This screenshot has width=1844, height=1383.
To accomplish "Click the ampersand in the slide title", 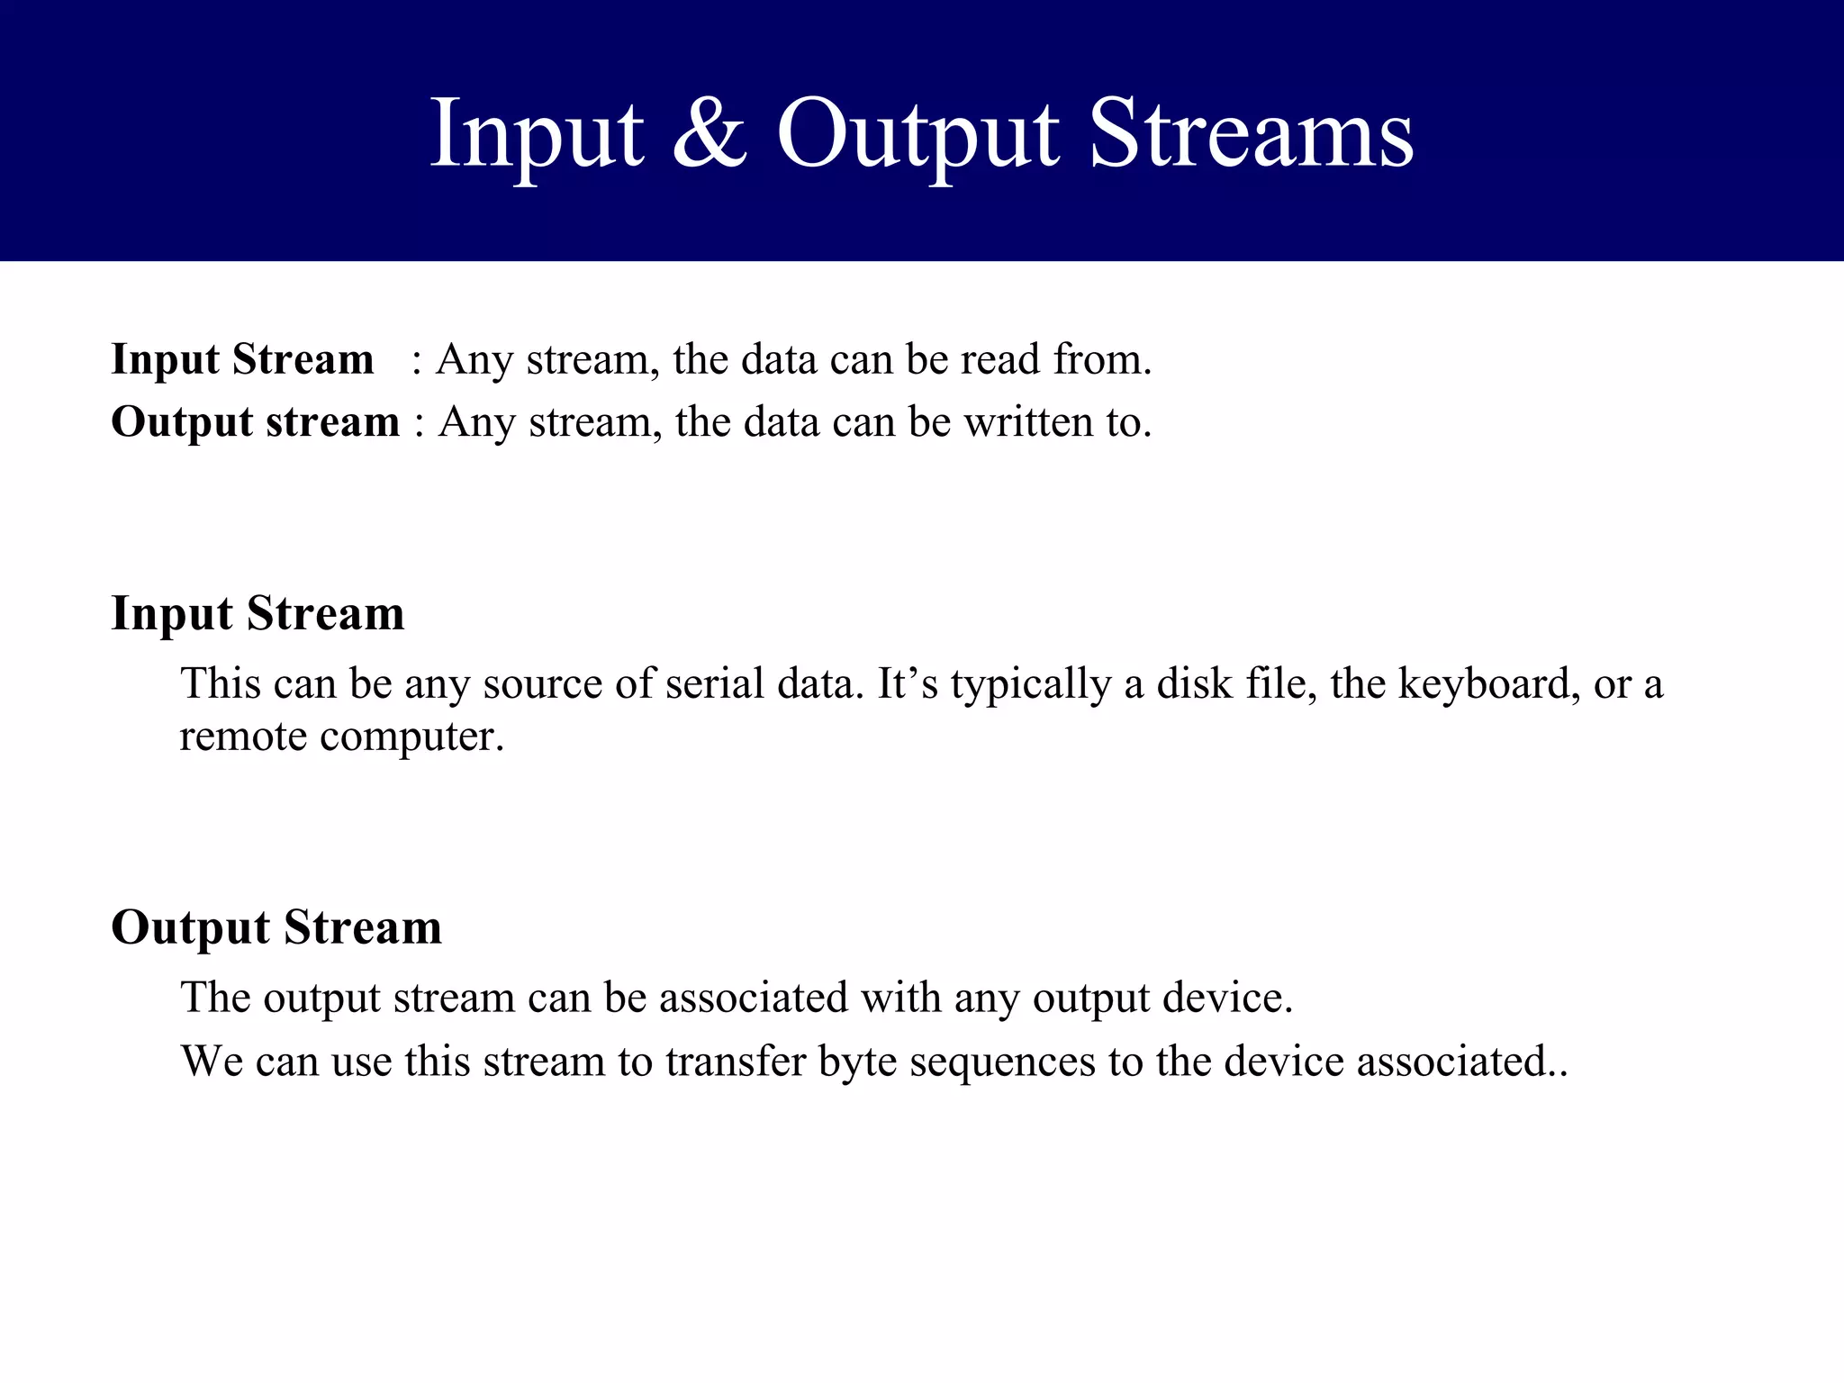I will point(710,135).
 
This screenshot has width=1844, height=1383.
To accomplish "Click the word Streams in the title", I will point(1252,135).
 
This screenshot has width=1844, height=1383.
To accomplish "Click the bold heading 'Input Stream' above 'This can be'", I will point(258,614).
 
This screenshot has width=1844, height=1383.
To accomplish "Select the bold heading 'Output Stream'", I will point(276,927).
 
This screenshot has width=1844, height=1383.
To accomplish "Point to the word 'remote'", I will point(243,737).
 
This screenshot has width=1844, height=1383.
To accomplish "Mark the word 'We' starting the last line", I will point(212,1061).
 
